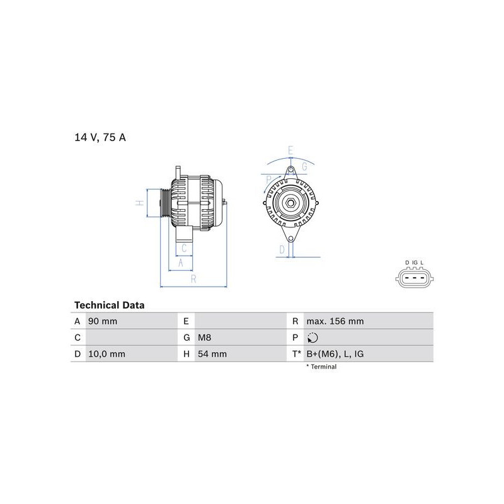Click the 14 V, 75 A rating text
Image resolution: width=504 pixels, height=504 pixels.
[100, 137]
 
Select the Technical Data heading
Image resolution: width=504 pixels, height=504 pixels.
[109, 305]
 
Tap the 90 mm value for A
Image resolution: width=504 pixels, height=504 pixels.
[103, 321]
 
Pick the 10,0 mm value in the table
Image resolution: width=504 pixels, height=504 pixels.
[106, 354]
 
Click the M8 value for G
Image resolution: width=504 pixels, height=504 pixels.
[204, 338]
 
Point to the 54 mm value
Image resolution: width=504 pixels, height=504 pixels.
[212, 354]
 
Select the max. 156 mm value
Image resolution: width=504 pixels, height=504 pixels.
[335, 321]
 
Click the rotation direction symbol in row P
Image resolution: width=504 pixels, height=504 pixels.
[312, 338]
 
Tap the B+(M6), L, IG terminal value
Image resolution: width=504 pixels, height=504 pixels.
[335, 354]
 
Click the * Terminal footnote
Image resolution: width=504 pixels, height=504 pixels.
[321, 367]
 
